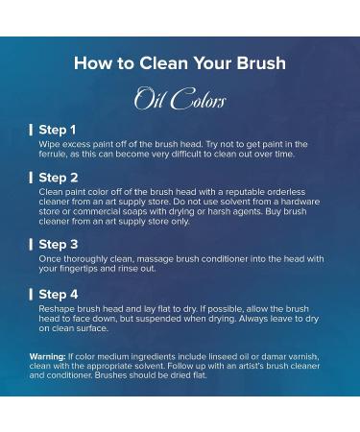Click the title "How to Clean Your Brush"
point(180,63)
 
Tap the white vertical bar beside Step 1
point(31,129)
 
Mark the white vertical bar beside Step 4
point(31,293)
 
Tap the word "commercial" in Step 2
point(81,211)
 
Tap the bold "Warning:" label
point(48,356)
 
